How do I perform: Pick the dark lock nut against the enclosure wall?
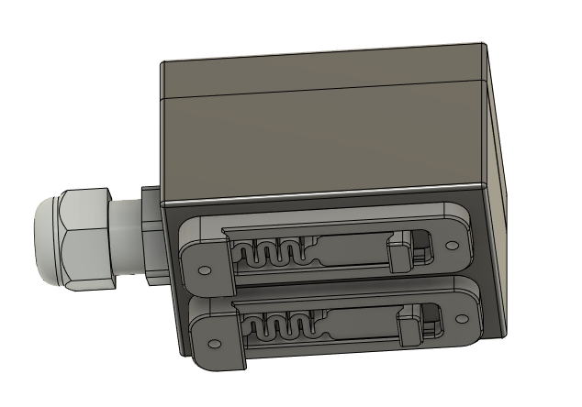(150, 234)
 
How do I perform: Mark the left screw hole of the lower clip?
(215, 344)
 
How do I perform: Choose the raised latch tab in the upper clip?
(400, 251)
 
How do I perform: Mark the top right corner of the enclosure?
(484, 44)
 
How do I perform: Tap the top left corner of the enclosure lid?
(162, 63)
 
